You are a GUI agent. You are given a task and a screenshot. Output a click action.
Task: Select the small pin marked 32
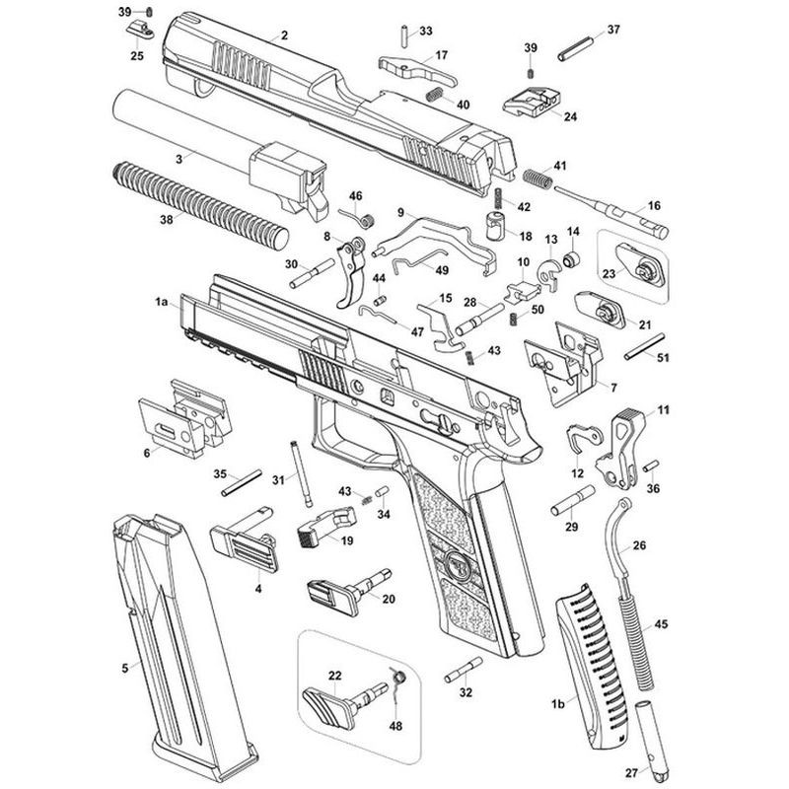[x=463, y=674]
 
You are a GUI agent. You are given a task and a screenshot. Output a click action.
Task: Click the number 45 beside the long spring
[x=662, y=623]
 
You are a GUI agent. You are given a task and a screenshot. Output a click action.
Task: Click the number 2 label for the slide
[x=284, y=36]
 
